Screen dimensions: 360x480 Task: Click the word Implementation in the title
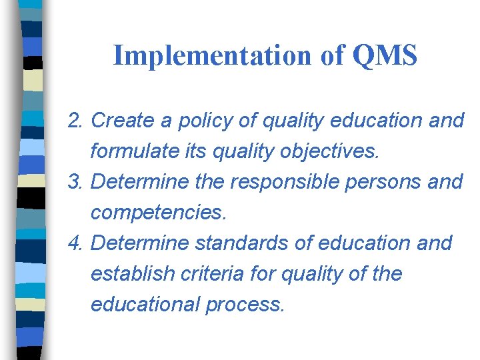point(213,56)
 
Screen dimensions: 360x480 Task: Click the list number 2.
point(75,121)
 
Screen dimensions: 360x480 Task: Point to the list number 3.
point(75,182)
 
